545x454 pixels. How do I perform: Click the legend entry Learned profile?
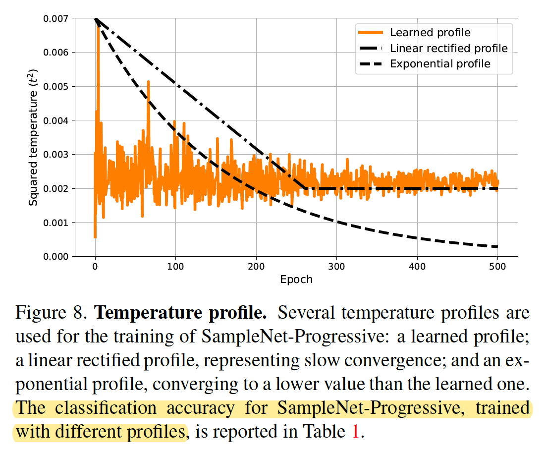430,33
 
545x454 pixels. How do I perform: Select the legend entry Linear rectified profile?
449,48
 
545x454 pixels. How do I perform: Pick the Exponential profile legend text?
440,63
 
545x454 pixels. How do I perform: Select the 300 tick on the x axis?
336,266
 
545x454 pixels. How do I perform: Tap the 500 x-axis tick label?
497,266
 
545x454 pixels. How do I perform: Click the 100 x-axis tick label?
175,266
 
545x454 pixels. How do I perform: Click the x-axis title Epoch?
296,280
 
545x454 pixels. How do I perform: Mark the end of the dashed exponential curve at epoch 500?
497,247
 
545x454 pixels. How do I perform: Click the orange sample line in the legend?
370,33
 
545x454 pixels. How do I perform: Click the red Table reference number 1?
355,432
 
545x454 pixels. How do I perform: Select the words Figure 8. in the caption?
52,314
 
